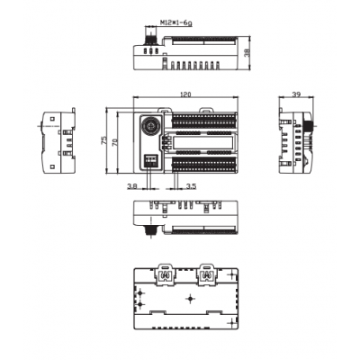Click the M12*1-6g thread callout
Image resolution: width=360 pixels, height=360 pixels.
tap(175, 22)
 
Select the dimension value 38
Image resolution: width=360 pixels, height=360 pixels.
tap(247, 53)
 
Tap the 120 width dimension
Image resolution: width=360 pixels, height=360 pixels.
tap(185, 94)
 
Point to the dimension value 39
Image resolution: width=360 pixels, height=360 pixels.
tap(296, 94)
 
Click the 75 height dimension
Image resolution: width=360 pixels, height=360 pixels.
tap(103, 140)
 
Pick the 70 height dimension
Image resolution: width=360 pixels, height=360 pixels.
tap(114, 142)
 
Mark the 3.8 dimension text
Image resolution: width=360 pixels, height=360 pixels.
tap(132, 186)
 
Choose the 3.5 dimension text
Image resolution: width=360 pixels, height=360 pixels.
tap(191, 186)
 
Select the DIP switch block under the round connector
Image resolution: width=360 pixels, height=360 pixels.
tap(151, 160)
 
